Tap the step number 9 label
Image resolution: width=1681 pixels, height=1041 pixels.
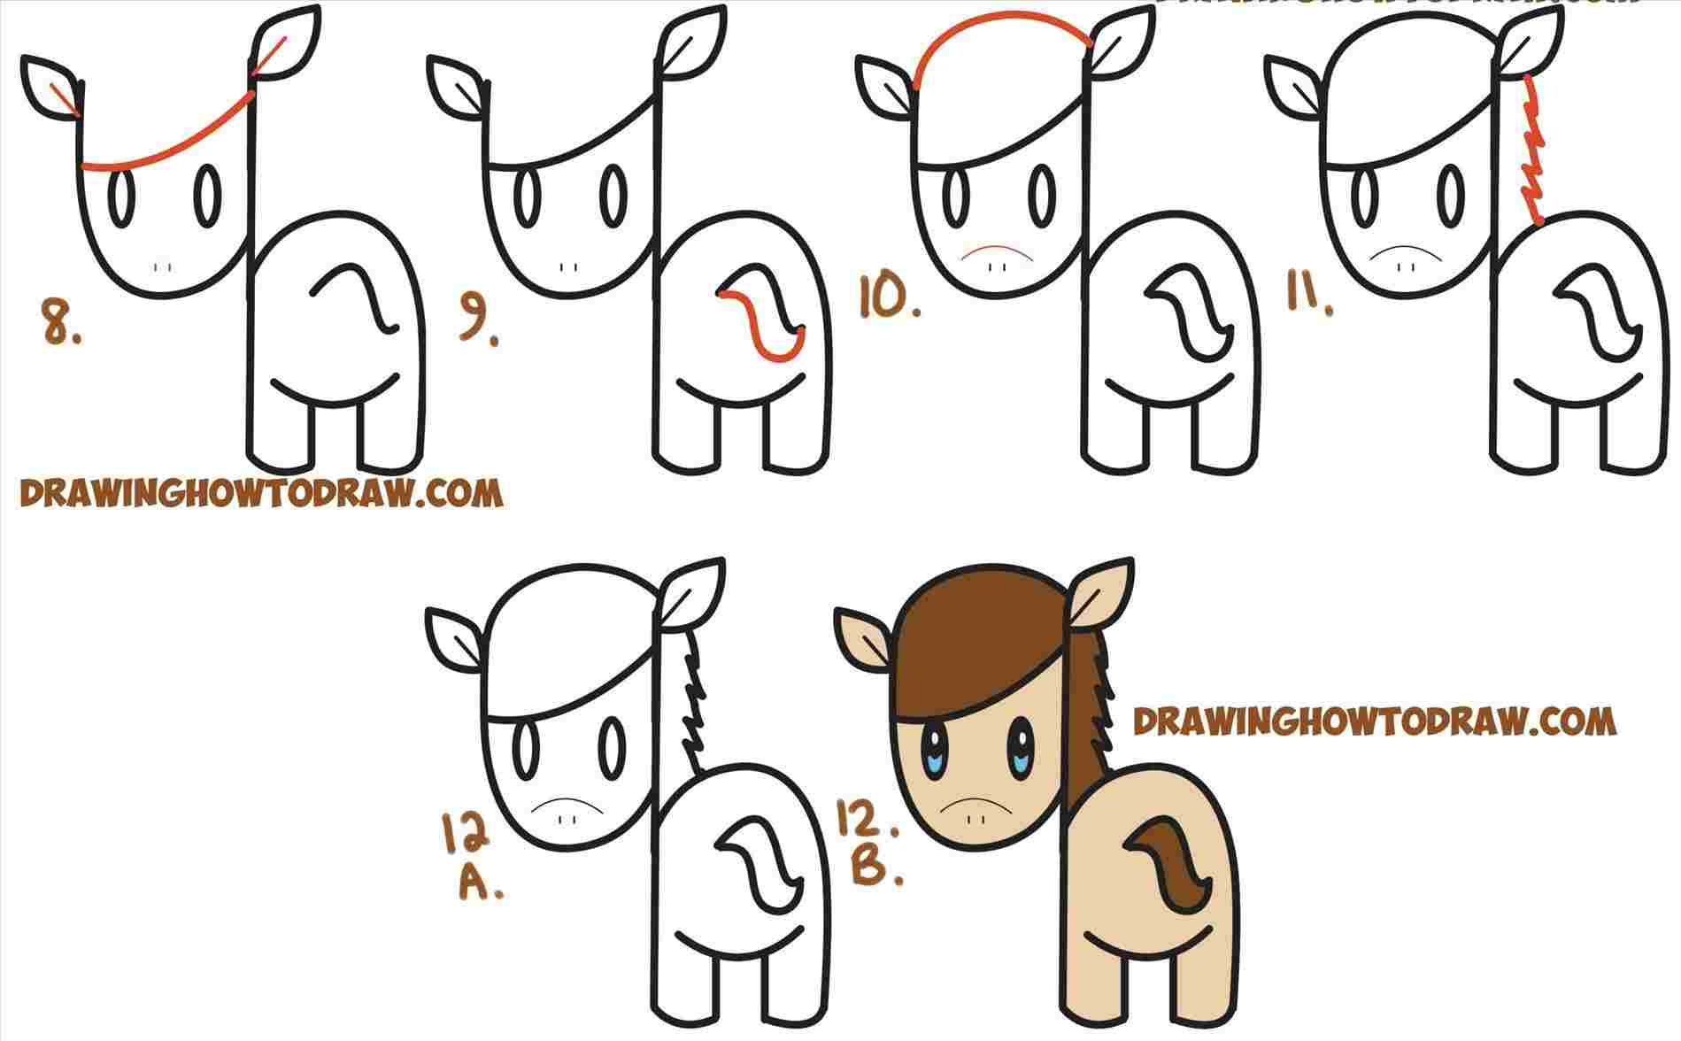[475, 323]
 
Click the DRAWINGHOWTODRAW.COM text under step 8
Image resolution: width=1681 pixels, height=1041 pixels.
[261, 493]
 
